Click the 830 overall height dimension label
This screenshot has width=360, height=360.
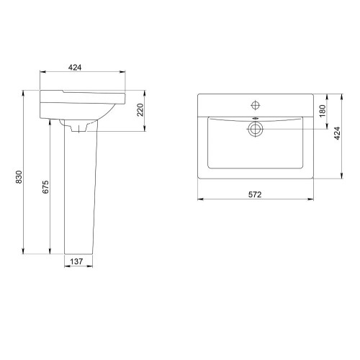(x=19, y=177)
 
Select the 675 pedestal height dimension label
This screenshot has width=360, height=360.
(x=45, y=187)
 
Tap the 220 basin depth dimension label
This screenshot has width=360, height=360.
(x=140, y=110)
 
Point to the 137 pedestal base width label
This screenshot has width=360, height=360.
(x=76, y=261)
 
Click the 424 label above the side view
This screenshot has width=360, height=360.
(x=75, y=68)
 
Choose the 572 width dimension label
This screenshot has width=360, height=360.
(x=255, y=194)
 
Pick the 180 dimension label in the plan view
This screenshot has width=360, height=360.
(x=323, y=111)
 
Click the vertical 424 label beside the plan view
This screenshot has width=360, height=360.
(x=338, y=133)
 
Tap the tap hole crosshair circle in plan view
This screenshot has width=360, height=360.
(x=256, y=105)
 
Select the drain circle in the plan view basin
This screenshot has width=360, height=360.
(x=256, y=129)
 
